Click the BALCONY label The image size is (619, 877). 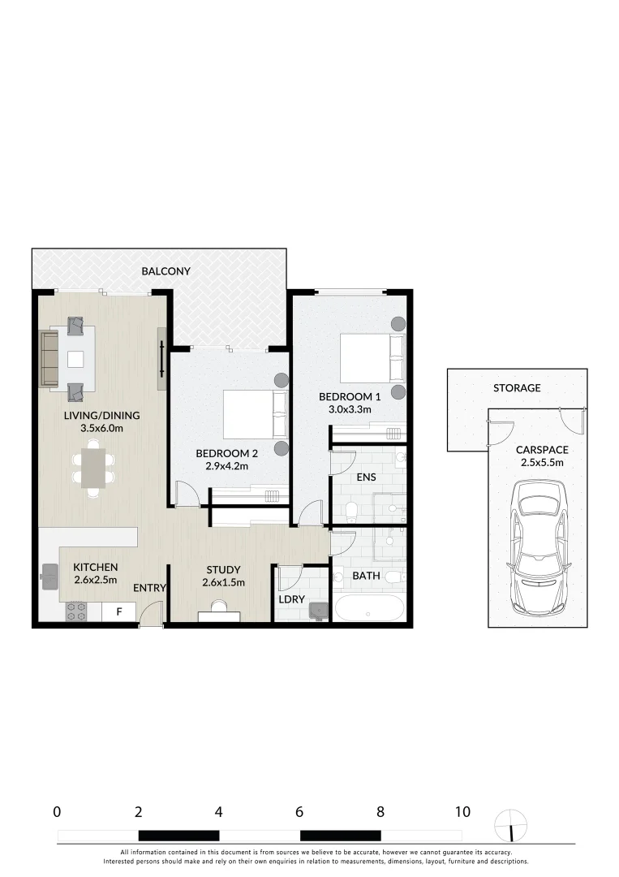coord(165,271)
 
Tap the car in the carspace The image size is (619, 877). coord(539,546)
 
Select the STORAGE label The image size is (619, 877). coord(517,388)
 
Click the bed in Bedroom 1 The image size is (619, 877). coord(371,358)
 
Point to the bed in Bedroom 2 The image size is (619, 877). coord(255,414)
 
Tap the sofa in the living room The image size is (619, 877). coord(49,357)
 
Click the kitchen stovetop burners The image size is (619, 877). coord(75,611)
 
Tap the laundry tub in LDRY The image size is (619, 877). coord(316,607)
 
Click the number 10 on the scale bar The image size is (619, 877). coord(462,811)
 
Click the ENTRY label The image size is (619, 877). coord(149,588)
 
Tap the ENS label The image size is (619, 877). coord(366,477)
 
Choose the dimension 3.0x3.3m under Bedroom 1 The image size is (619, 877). coord(350,409)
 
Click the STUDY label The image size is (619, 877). coord(223,568)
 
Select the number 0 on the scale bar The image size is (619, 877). coord(57,811)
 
